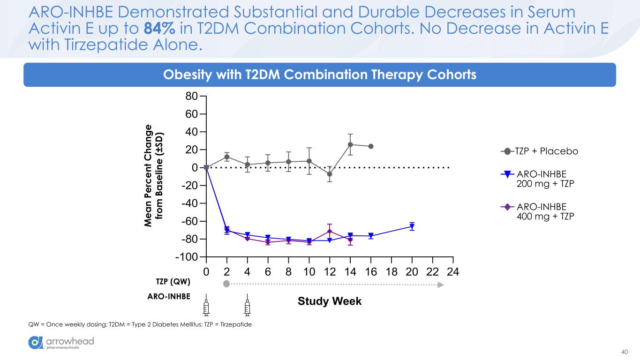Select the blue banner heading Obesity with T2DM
click(x=319, y=75)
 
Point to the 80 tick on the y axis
click(x=191, y=97)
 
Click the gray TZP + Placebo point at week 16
click(x=371, y=146)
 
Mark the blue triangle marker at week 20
click(x=412, y=226)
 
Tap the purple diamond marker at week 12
click(x=330, y=231)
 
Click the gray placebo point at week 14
click(x=350, y=144)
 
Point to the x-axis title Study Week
click(x=330, y=301)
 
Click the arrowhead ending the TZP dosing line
click(x=441, y=284)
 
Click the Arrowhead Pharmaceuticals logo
click(x=61, y=343)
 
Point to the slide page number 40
click(x=624, y=352)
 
